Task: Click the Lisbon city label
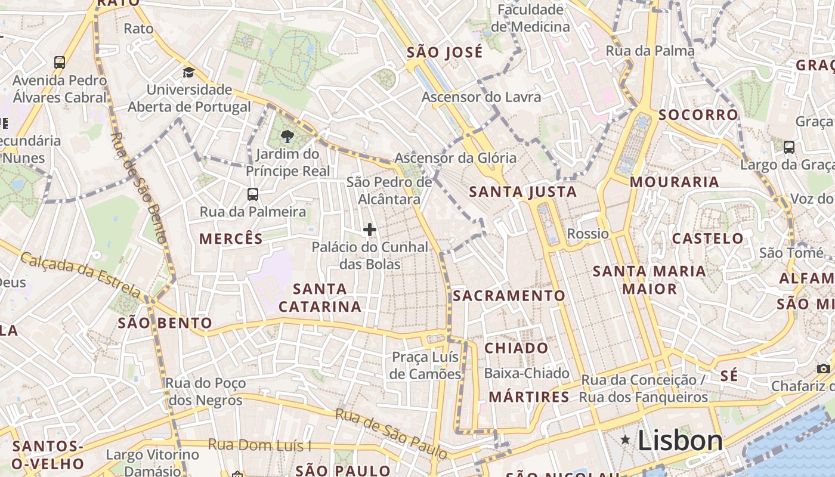click(680, 441)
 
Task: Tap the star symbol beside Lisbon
click(625, 440)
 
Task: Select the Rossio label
click(587, 234)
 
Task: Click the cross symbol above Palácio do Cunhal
click(370, 230)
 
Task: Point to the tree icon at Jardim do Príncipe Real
click(287, 137)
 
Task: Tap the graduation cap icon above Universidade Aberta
click(188, 73)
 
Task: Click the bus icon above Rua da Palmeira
click(253, 194)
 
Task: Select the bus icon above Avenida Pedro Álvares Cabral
click(59, 62)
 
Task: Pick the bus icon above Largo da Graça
click(788, 147)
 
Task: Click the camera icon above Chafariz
click(824, 368)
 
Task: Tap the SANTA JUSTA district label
click(522, 192)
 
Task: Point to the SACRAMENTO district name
click(509, 296)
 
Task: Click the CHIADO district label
click(516, 348)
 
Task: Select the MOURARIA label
click(674, 182)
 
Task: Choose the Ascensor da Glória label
click(455, 158)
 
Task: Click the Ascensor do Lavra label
click(481, 97)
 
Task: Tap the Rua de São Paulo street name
click(391, 433)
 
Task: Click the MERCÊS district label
click(231, 239)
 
